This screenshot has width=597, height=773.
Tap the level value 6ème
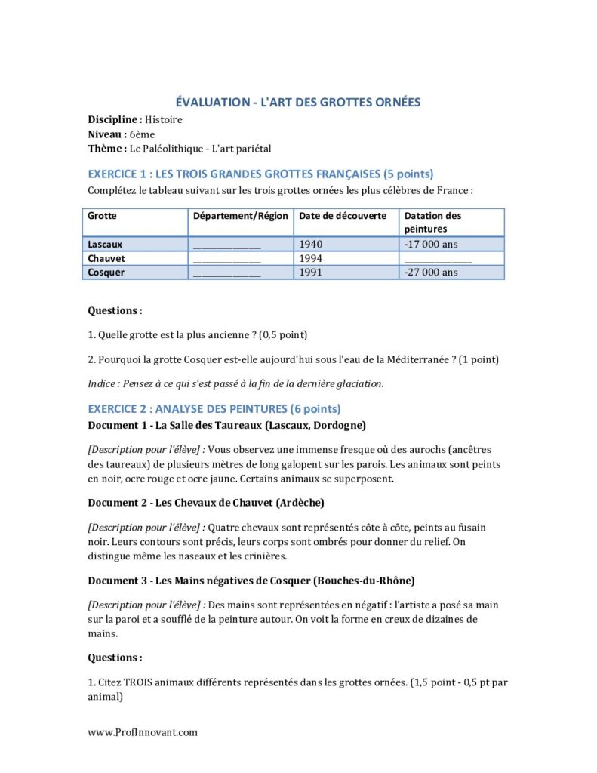(142, 134)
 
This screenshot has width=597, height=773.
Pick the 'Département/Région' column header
(241, 216)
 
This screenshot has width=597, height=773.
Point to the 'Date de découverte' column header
(343, 216)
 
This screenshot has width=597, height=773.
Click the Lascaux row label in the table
(105, 245)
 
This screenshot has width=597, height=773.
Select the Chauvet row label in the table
(106, 258)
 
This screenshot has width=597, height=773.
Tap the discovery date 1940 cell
(310, 245)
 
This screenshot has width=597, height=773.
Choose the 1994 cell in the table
(310, 258)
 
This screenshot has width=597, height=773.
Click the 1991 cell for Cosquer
(310, 272)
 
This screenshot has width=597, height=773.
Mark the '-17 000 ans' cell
(431, 245)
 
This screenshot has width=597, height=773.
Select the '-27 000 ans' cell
(431, 272)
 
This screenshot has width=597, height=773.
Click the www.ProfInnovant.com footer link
(143, 731)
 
